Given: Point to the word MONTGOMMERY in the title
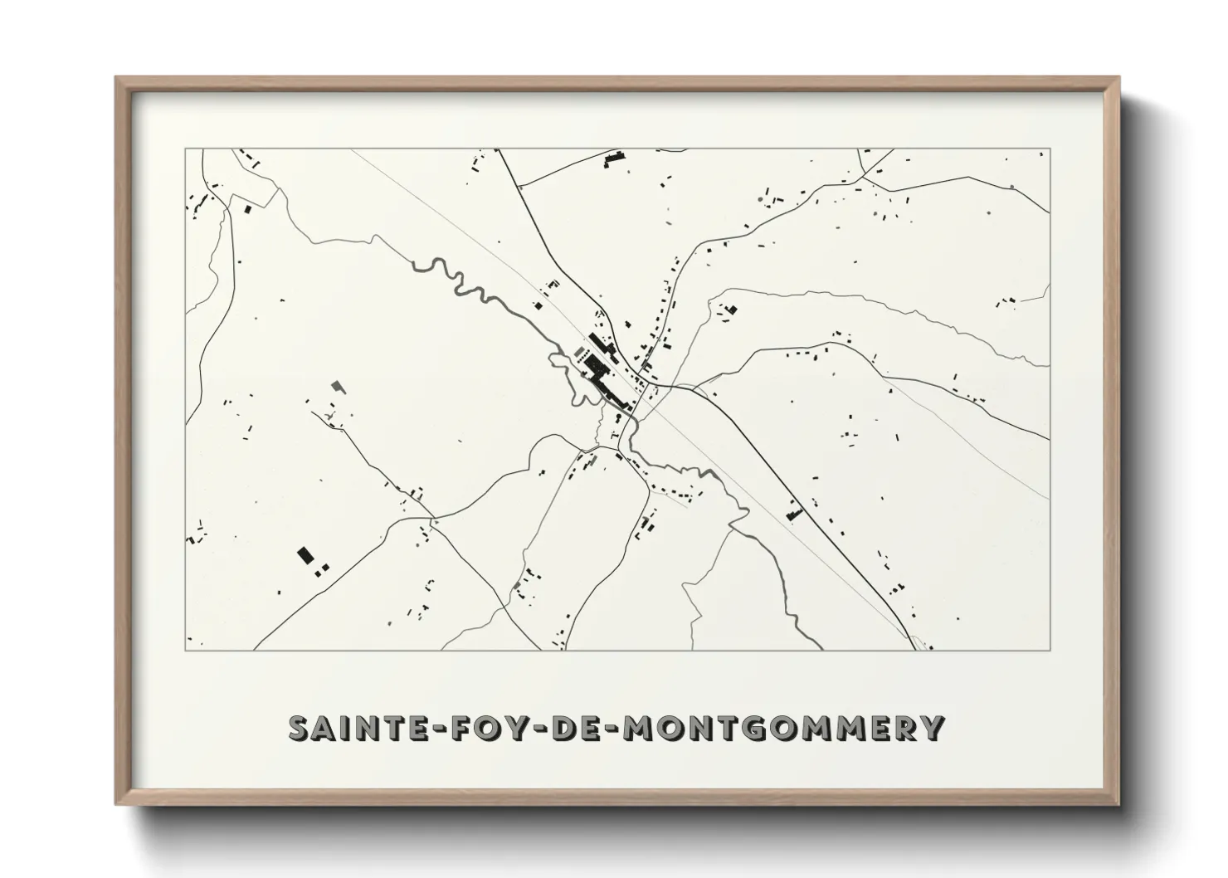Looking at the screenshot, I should [x=782, y=728].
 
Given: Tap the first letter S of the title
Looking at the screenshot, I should [x=300, y=728].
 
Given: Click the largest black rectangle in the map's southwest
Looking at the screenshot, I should [x=305, y=554].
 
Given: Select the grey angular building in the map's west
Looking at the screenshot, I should [x=336, y=385].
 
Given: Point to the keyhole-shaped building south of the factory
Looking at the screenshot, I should [x=616, y=421].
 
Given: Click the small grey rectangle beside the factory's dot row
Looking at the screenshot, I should [x=578, y=352].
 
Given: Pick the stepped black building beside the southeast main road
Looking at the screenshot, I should [x=792, y=512].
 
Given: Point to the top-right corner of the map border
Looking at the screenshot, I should [x=1050, y=149].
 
